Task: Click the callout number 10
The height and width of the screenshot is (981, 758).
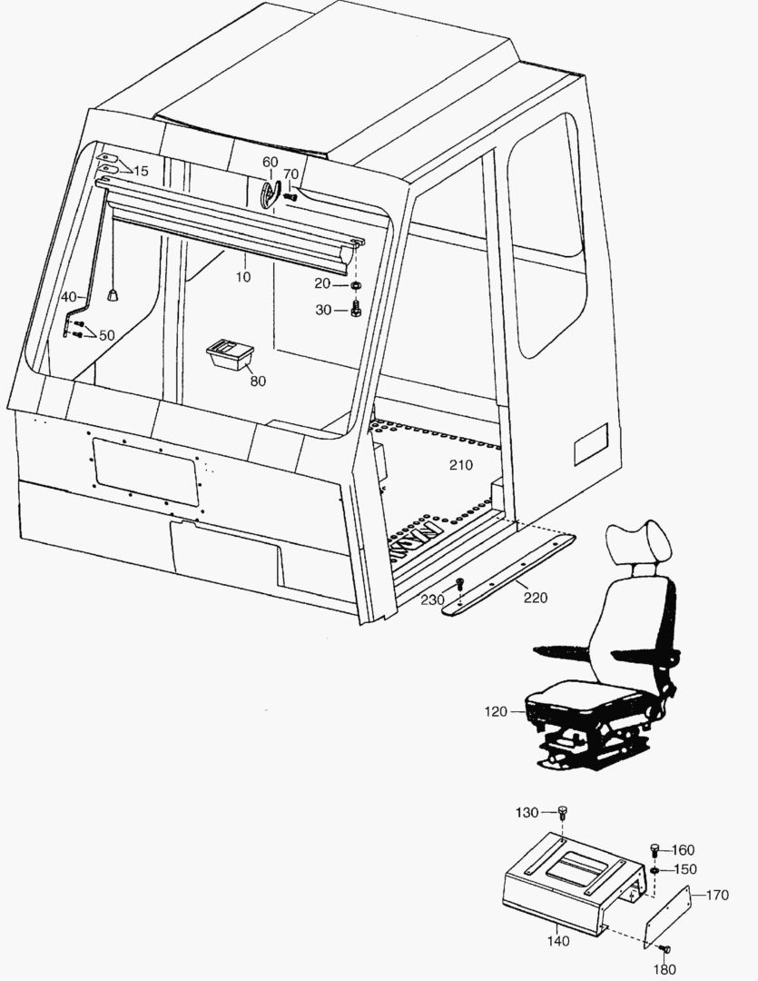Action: click(242, 277)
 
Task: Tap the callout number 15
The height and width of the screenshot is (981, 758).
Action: click(141, 171)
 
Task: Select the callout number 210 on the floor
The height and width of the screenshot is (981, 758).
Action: click(461, 466)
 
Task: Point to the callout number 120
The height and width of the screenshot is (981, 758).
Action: click(496, 712)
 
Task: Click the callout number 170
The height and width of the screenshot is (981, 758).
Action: click(716, 895)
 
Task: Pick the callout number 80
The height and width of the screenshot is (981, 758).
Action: click(258, 381)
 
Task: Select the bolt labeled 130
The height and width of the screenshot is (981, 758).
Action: click(562, 811)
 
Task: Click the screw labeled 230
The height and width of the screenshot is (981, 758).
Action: click(460, 582)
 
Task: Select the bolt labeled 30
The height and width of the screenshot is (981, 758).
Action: click(355, 311)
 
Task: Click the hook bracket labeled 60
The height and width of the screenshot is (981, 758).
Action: click(270, 193)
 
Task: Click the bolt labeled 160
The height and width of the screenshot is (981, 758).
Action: click(654, 849)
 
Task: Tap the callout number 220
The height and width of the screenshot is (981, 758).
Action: click(535, 599)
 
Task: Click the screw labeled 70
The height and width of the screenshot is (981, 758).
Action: click(290, 195)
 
